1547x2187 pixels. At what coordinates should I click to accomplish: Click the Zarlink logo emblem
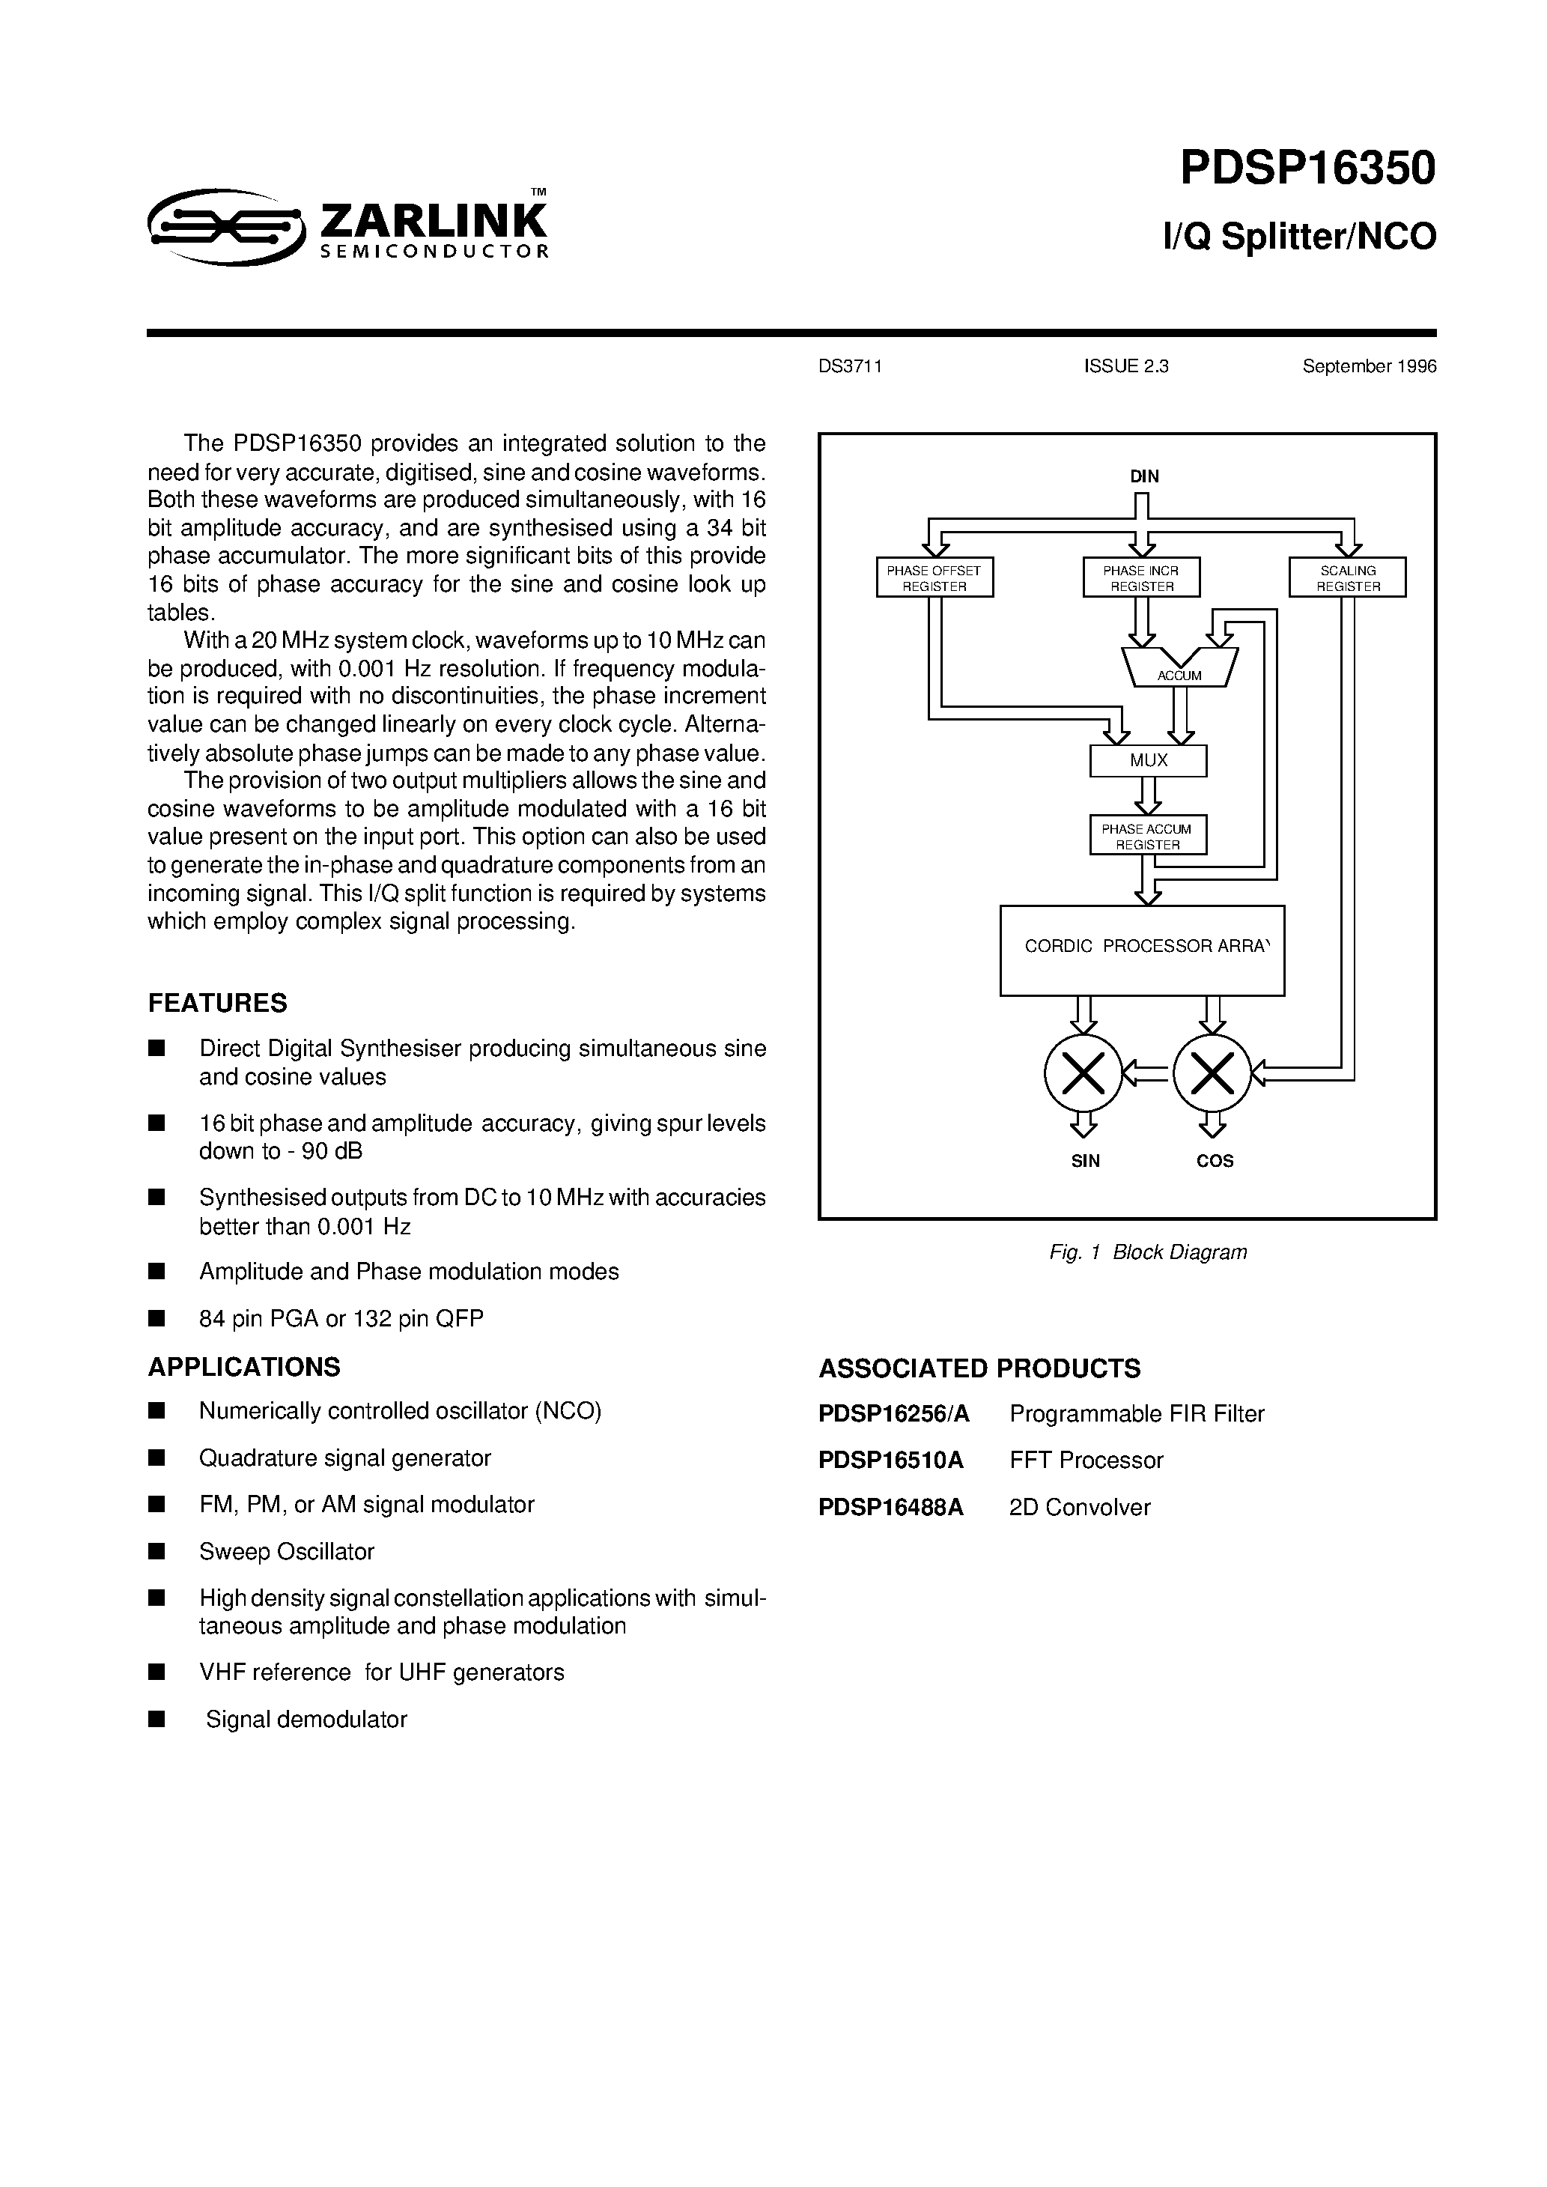coord(226,225)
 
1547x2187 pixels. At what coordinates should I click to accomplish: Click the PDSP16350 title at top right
coord(1307,169)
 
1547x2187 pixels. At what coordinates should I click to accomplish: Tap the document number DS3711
coord(850,367)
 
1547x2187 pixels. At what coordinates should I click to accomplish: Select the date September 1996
coord(1369,367)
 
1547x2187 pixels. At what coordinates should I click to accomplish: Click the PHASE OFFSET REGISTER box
coord(934,577)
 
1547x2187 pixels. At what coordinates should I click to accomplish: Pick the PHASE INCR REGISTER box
coord(1140,577)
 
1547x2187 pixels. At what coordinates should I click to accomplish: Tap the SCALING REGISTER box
coord(1347,577)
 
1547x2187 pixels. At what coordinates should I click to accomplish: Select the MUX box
coord(1148,760)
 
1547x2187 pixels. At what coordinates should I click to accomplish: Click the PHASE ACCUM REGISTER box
coord(1147,835)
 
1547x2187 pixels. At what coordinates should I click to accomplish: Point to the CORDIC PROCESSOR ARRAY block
coord(1141,950)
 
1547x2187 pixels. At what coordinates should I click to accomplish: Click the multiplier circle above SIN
coord(1083,1073)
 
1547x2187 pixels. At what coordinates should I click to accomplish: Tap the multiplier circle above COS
coord(1212,1073)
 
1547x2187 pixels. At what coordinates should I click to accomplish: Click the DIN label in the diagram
coord(1144,476)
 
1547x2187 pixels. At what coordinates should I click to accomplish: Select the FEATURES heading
coord(217,1003)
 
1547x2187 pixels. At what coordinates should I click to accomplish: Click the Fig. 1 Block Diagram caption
coord(1147,1252)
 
